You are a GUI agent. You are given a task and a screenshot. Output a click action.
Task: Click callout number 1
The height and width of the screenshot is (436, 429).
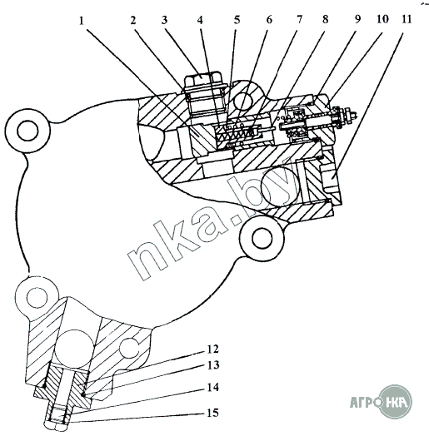(82, 21)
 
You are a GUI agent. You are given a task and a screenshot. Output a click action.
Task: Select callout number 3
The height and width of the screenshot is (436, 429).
(165, 20)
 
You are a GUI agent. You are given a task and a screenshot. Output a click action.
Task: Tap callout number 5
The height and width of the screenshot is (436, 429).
(237, 20)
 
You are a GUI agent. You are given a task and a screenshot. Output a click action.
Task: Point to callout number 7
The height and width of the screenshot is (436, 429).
(299, 19)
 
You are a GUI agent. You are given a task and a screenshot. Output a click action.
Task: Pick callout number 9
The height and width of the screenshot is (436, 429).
(357, 19)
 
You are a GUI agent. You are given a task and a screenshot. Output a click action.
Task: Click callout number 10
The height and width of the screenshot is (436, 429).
(382, 19)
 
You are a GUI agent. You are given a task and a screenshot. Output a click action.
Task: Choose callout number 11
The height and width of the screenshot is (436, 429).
(407, 19)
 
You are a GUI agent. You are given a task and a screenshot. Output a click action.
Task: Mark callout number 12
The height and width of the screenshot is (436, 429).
(213, 349)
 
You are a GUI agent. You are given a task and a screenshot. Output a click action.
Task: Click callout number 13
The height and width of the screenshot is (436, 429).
(213, 365)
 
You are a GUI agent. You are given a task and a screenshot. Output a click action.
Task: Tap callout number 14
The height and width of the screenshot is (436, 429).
(213, 388)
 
